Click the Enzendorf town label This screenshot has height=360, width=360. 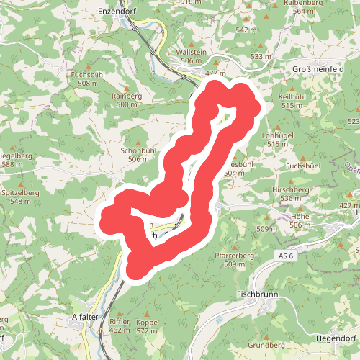pos(116,12)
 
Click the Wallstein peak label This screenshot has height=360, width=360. pos(191,53)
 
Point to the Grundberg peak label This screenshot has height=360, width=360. pos(266,345)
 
